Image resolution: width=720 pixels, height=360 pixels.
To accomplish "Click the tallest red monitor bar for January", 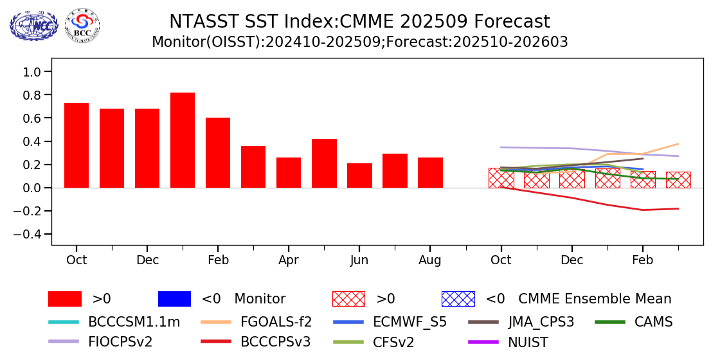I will (x=183, y=140).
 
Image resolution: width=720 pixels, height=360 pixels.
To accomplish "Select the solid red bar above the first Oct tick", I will (x=76, y=145).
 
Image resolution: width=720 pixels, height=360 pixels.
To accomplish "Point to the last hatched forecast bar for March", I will (x=678, y=180).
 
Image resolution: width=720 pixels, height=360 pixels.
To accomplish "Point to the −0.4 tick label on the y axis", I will (x=28, y=235).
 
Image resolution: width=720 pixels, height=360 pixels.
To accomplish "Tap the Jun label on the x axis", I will (x=359, y=260).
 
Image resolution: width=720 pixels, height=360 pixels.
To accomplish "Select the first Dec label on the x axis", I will (x=147, y=260).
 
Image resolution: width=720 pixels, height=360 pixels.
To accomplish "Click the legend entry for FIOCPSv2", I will (x=120, y=342).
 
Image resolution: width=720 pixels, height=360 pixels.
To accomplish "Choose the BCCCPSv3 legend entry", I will (x=275, y=342).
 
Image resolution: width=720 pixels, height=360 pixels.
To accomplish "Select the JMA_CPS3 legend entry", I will (x=541, y=322).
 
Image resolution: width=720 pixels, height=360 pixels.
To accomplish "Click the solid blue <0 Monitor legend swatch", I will (x=174, y=299).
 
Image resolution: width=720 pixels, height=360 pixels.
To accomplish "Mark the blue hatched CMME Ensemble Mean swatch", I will (x=458, y=299).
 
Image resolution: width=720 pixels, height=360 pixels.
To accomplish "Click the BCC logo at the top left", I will (x=82, y=26).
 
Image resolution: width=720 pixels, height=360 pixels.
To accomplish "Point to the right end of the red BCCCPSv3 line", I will (x=678, y=208).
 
